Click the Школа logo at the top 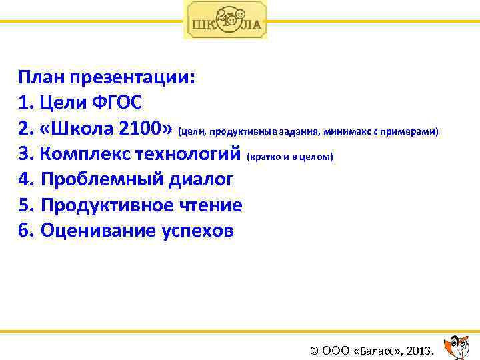(225, 20)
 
